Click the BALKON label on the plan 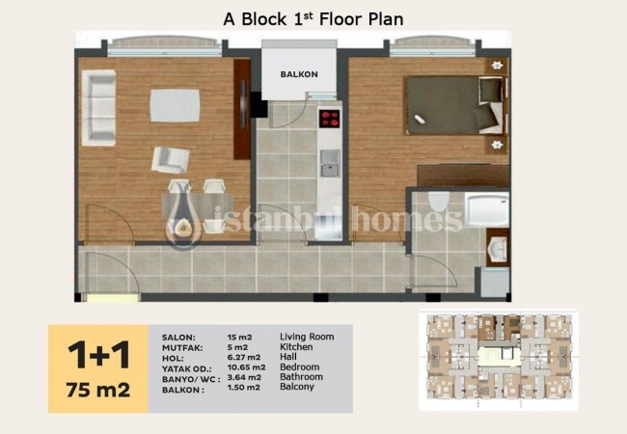[x=299, y=74]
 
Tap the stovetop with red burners [x=330, y=119]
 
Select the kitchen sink [x=330, y=163]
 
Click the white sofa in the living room [x=98, y=108]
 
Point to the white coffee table [x=175, y=105]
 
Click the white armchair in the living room [x=170, y=160]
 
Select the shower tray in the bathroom [x=487, y=209]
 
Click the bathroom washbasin [x=498, y=249]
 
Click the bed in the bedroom [x=455, y=105]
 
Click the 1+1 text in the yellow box [x=98, y=355]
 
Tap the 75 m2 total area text [x=98, y=390]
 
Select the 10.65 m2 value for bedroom [x=246, y=367]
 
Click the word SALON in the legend [x=178, y=338]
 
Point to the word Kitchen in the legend [x=296, y=347]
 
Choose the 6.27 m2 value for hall [x=244, y=357]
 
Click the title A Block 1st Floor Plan [x=313, y=19]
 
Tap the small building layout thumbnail [x=499, y=360]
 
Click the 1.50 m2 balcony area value [x=243, y=388]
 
